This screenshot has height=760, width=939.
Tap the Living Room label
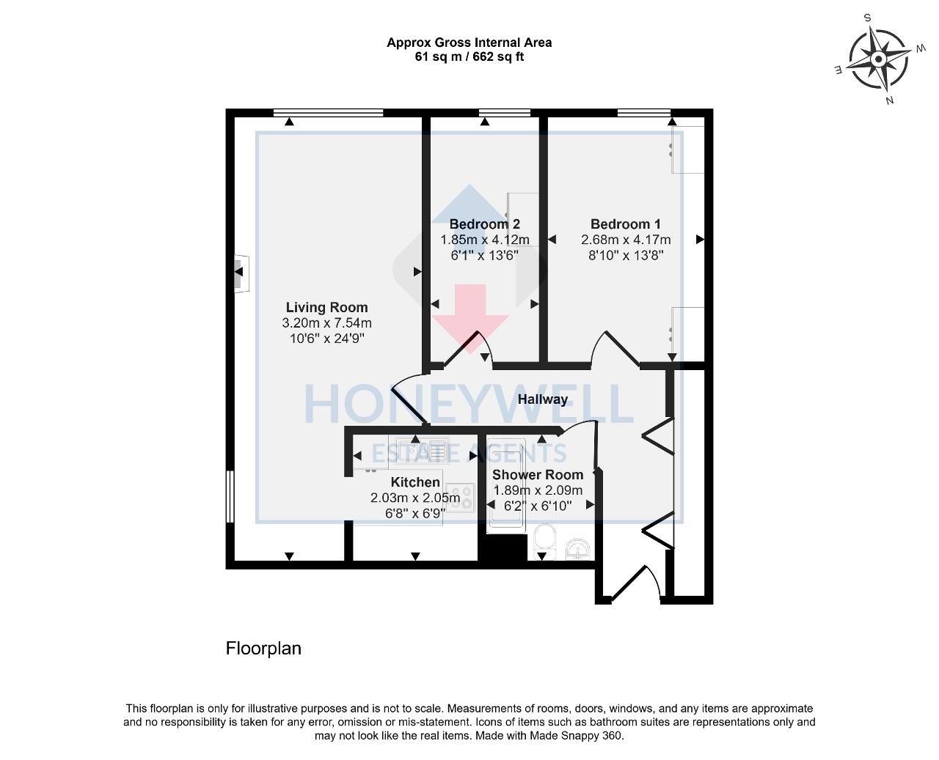click(x=326, y=308)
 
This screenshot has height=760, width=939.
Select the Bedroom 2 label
click(x=484, y=224)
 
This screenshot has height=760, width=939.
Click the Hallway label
click(x=543, y=399)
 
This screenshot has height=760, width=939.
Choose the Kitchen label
click(x=415, y=482)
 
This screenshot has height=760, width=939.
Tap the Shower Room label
click(x=538, y=475)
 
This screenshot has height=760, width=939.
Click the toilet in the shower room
click(x=545, y=539)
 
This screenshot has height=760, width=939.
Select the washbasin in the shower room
click(x=579, y=547)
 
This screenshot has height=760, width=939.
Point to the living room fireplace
click(x=240, y=273)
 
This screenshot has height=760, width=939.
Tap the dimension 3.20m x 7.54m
click(x=326, y=323)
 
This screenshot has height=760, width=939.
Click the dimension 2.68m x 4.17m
click(x=626, y=240)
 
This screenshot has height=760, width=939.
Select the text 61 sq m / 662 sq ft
click(x=469, y=56)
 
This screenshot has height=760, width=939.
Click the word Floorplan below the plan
click(x=263, y=649)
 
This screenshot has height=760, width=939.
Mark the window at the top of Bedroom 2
click(x=504, y=113)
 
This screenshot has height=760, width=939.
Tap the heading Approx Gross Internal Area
click(x=469, y=43)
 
